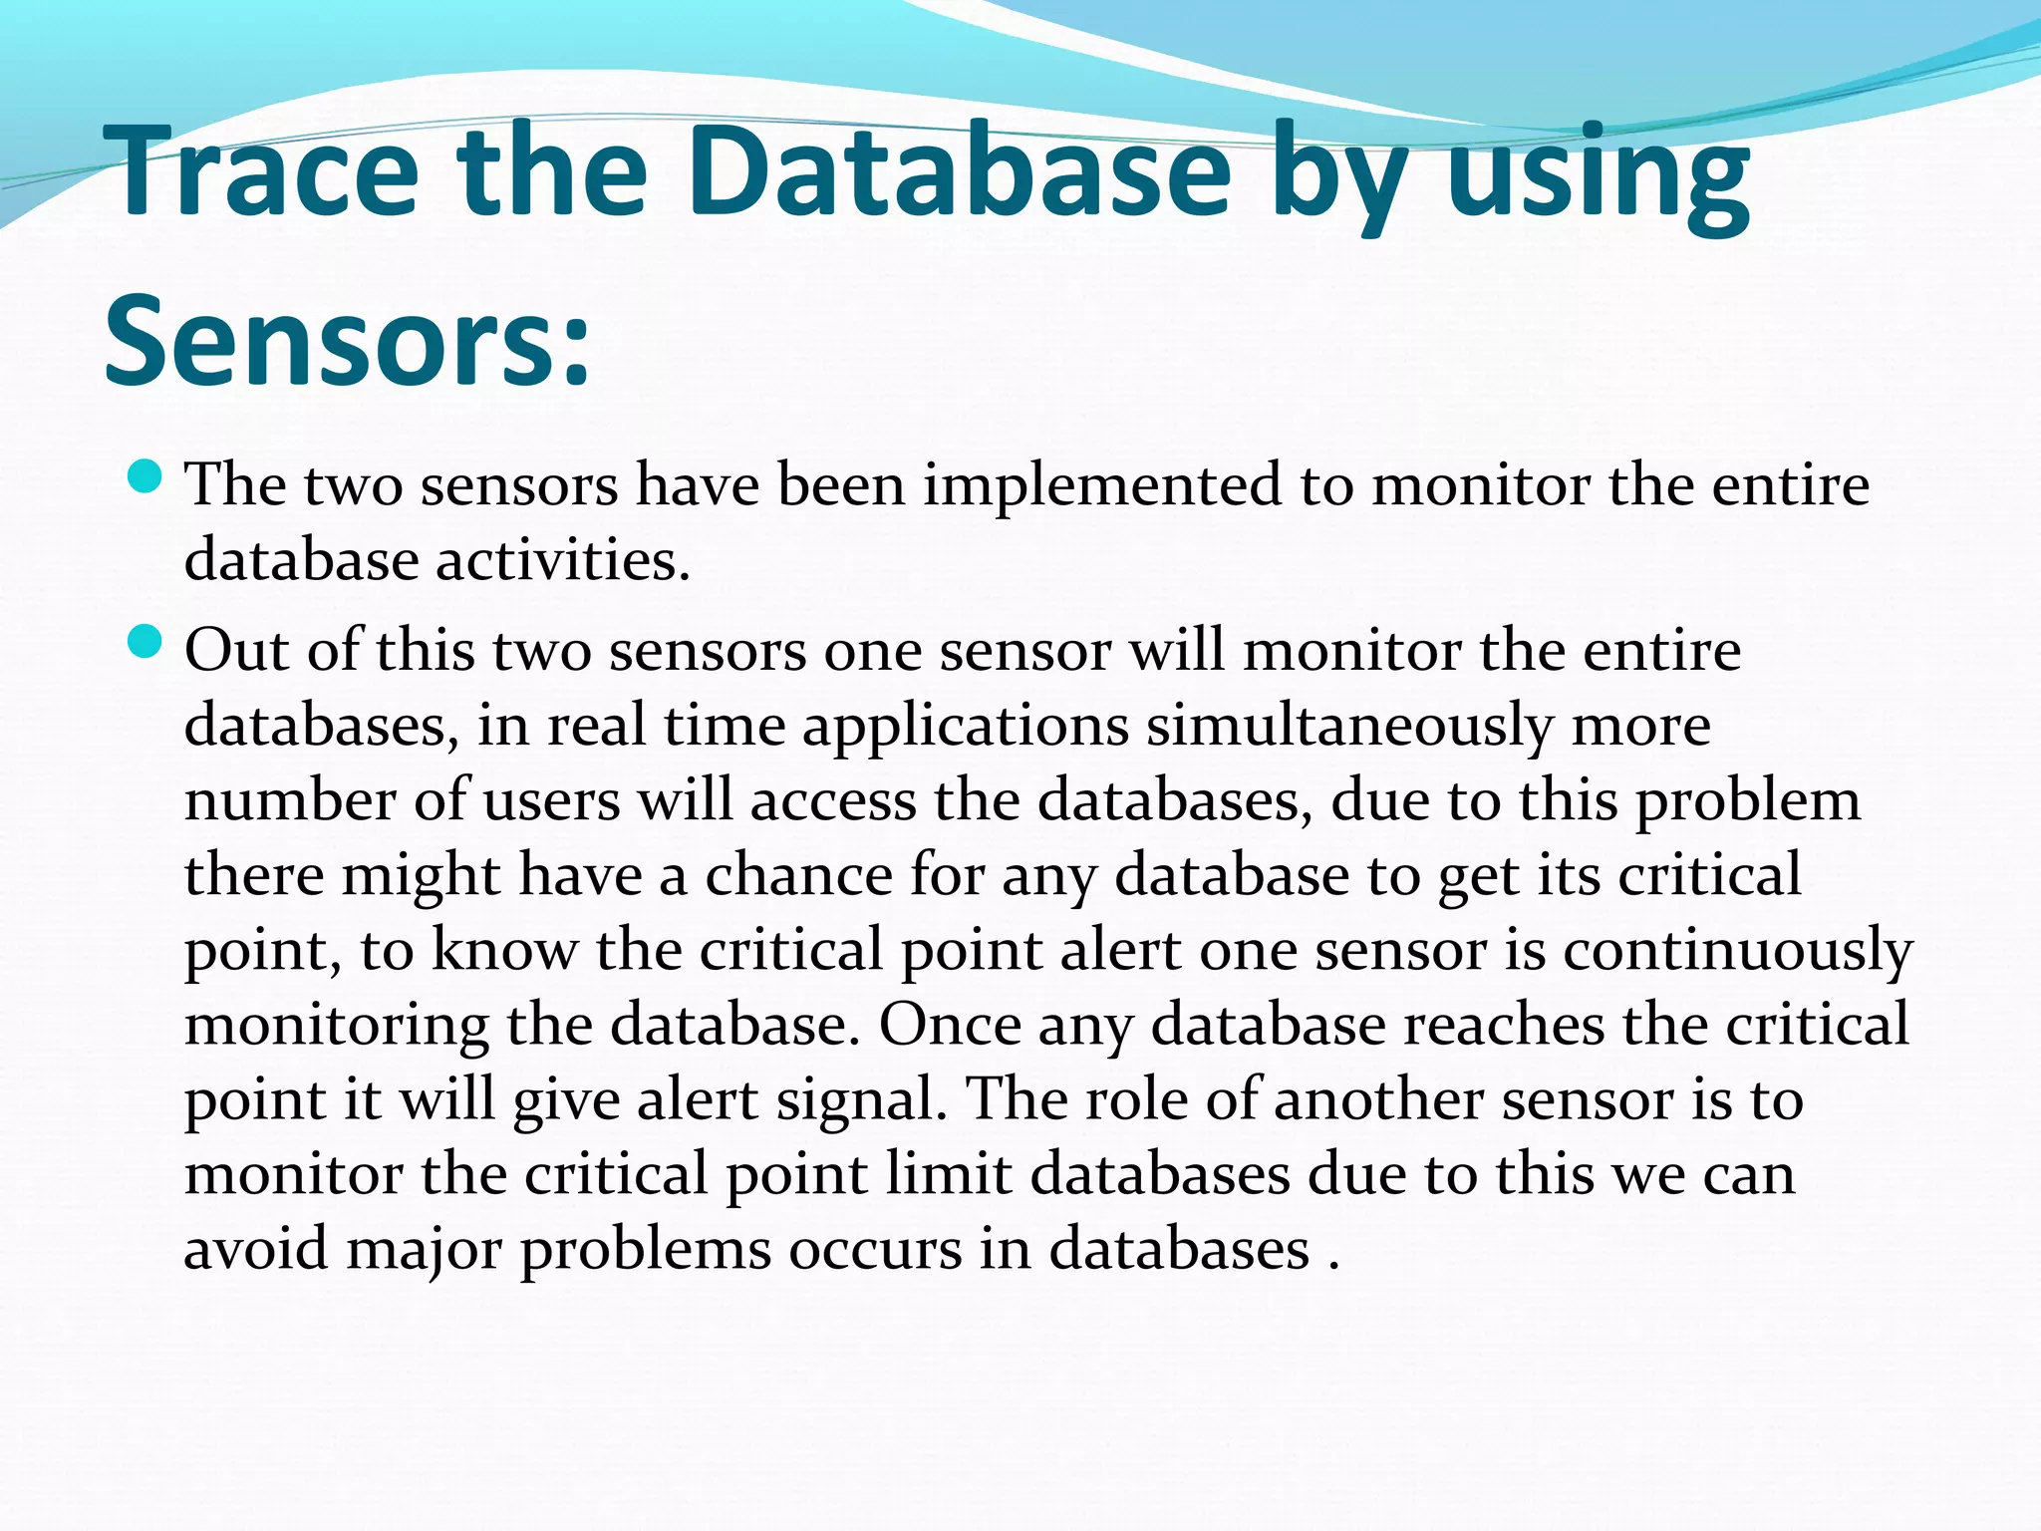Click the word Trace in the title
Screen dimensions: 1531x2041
pyautogui.click(x=261, y=170)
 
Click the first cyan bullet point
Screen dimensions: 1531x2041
pyautogui.click(x=146, y=475)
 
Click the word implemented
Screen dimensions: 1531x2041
pyautogui.click(x=1102, y=486)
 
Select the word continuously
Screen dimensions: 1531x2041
pyautogui.click(x=1737, y=951)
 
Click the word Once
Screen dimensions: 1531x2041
pyautogui.click(x=950, y=1025)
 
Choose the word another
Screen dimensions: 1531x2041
pyautogui.click(x=1378, y=1099)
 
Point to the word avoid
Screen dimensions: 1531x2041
pyautogui.click(x=255, y=1249)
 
